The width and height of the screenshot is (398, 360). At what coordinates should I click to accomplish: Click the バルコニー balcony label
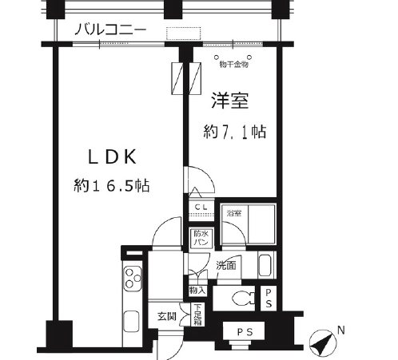coord(111,30)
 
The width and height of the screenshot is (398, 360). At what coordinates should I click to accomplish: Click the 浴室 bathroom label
coord(233,213)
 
